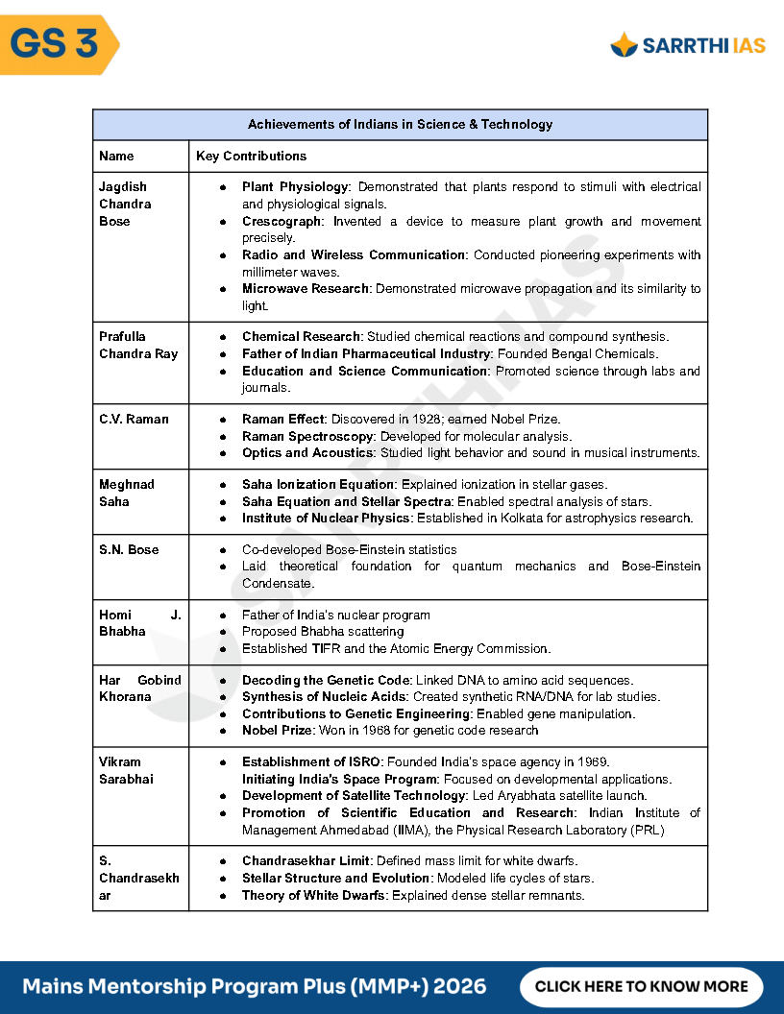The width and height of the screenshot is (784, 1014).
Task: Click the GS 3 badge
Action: [56, 44]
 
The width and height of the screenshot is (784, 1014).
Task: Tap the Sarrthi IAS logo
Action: [688, 44]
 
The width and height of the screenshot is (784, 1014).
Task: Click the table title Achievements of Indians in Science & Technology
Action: [400, 125]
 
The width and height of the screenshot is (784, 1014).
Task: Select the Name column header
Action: [116, 156]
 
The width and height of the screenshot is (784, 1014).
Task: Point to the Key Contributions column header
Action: [251, 156]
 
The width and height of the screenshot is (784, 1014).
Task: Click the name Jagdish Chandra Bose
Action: [124, 204]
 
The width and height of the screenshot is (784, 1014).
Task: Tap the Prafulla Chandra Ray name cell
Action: [138, 345]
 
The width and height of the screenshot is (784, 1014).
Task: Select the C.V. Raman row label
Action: [134, 420]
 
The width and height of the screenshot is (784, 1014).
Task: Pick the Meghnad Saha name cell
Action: [127, 493]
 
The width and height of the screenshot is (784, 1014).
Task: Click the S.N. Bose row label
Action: [129, 550]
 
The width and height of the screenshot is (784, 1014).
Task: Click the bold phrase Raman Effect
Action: [283, 420]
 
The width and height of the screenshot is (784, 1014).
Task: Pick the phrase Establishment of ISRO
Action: [311, 762]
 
